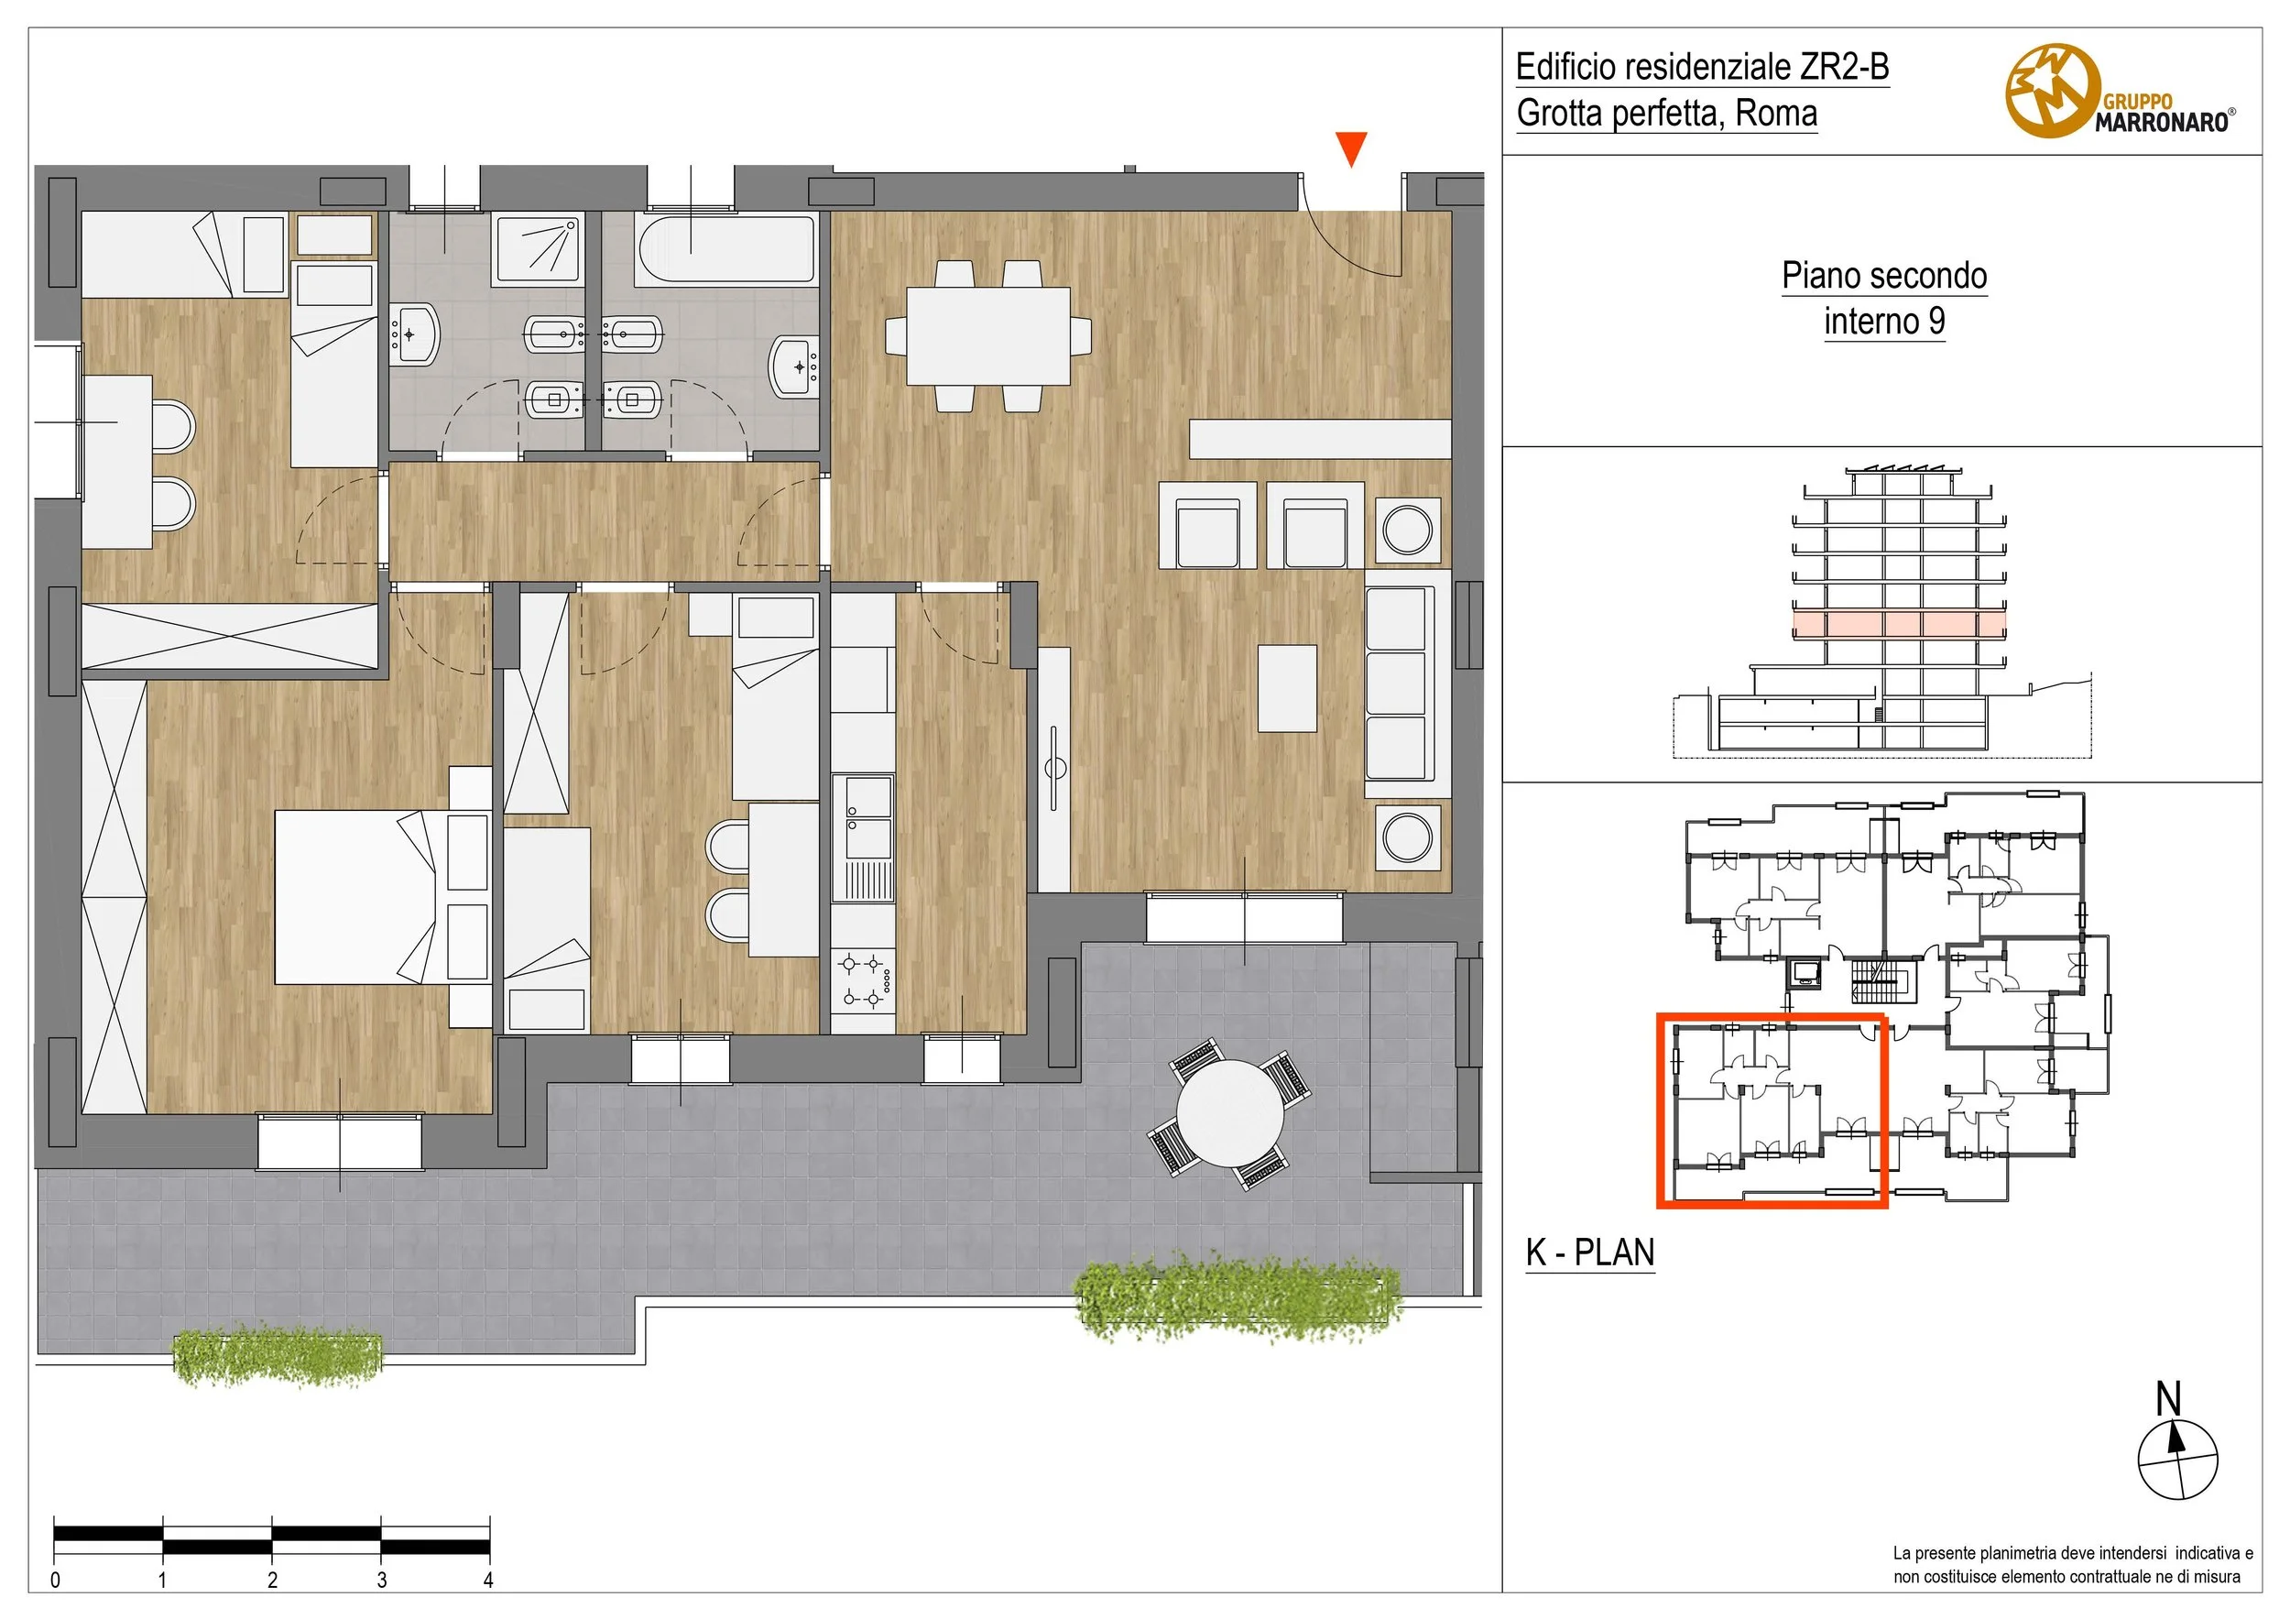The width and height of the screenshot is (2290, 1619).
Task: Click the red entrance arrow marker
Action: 1351,149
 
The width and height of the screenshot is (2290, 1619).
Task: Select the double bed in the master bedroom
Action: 356,897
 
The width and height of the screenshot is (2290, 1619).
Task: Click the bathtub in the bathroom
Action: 726,249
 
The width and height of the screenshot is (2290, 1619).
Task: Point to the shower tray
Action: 538,249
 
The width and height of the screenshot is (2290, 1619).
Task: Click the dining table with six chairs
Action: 987,336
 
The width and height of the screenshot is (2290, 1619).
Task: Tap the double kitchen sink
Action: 864,817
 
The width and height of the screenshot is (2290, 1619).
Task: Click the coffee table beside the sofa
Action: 1287,688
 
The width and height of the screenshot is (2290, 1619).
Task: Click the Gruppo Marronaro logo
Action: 2120,92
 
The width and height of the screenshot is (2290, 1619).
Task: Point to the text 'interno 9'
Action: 1884,322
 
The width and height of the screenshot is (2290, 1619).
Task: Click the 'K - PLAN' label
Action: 1590,1252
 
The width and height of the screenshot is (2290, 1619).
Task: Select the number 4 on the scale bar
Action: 489,1581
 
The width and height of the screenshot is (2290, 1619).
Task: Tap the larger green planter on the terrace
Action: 1239,1296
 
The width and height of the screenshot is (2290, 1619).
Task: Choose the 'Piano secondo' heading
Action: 1884,275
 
